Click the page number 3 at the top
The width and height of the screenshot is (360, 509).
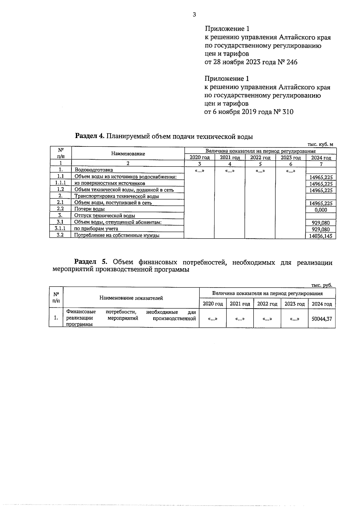[x=194, y=14]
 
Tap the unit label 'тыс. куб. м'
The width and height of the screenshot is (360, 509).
[x=320, y=144]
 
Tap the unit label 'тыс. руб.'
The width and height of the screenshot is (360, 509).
[x=322, y=285]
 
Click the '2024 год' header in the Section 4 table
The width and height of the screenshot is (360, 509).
[x=321, y=158]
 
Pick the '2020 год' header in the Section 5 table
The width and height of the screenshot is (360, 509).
[x=213, y=304]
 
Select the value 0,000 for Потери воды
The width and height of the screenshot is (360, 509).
[x=321, y=210]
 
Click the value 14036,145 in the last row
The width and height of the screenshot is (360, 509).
[x=321, y=236]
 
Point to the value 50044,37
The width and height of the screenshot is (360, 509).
[x=322, y=319]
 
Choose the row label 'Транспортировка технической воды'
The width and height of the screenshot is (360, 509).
[x=116, y=196]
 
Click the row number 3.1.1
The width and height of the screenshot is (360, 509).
[x=60, y=228]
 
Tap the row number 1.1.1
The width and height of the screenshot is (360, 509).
[x=60, y=183]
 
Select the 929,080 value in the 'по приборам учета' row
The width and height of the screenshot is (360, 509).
[x=321, y=229]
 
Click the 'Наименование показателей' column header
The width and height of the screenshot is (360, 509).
[x=131, y=298]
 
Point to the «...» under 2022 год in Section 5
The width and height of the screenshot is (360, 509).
[x=267, y=319]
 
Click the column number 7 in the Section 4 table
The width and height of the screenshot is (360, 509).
[x=321, y=164]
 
